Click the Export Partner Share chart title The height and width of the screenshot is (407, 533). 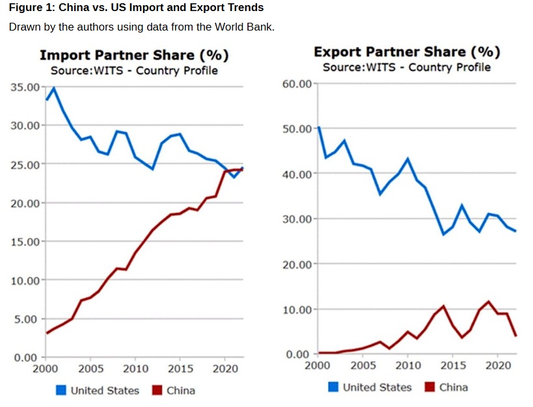(407, 52)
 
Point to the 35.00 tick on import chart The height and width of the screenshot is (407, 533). (25, 86)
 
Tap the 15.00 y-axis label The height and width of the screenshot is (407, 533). (25, 242)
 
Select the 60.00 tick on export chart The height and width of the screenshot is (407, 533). (299, 84)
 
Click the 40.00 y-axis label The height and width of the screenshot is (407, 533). (299, 174)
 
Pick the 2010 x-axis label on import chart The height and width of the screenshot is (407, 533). (135, 369)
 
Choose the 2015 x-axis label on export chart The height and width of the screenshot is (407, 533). (453, 365)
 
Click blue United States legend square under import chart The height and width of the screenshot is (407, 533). (61, 390)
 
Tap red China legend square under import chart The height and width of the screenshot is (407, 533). (157, 390)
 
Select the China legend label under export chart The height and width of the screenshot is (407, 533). (453, 387)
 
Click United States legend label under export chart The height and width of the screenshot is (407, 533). (377, 387)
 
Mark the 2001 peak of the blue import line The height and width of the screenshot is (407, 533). (54, 88)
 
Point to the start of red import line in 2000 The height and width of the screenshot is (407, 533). (46, 333)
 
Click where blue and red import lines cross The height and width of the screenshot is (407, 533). (240, 170)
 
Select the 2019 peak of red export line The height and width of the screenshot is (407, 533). (489, 302)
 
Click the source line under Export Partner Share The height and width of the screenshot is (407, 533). (407, 68)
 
